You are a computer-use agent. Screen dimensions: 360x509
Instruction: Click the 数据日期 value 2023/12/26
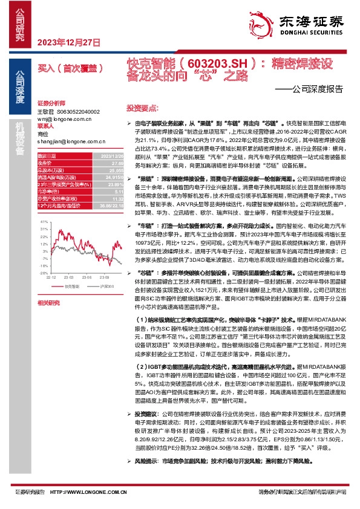click(x=105, y=156)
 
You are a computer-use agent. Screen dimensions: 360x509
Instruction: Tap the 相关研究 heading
click(x=48, y=302)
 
